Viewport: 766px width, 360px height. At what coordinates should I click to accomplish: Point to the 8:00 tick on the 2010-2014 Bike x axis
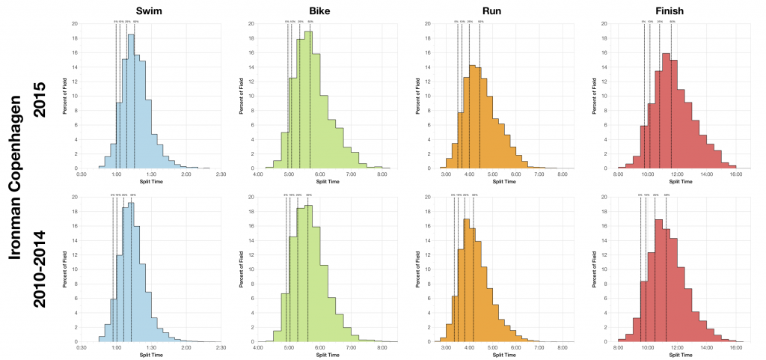point(382,348)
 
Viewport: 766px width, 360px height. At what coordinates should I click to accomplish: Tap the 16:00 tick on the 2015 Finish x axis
point(735,174)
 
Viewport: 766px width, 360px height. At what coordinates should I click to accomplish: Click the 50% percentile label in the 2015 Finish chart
point(672,22)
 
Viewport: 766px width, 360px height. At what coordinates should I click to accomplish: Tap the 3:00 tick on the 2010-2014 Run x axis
point(446,348)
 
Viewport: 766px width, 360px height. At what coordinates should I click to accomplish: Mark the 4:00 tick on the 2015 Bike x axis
point(258,174)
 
